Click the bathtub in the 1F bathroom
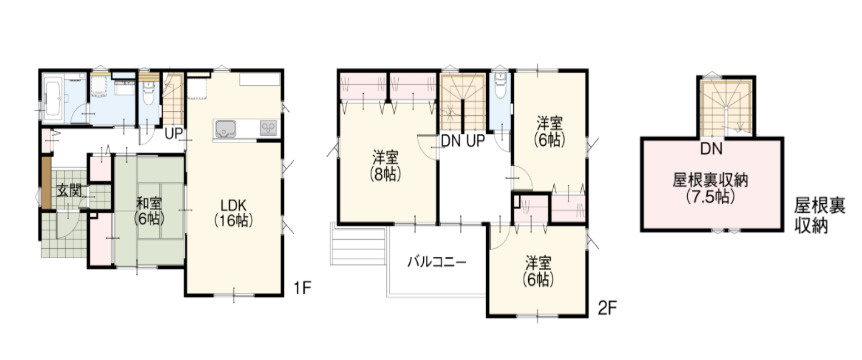click(53, 98)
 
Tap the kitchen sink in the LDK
click(225, 130)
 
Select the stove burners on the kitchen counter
click(268, 128)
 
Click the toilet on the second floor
click(500, 85)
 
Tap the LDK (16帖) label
click(233, 213)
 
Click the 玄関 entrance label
click(70, 192)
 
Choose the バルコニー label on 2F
click(437, 262)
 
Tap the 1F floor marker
click(302, 287)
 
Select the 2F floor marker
click(608, 309)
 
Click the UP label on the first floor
click(174, 134)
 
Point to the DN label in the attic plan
click(711, 148)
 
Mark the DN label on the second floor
click(451, 141)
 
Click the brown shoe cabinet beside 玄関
click(46, 182)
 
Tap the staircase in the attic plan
click(726, 107)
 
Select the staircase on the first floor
click(173, 99)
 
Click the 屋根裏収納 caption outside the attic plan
click(819, 216)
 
